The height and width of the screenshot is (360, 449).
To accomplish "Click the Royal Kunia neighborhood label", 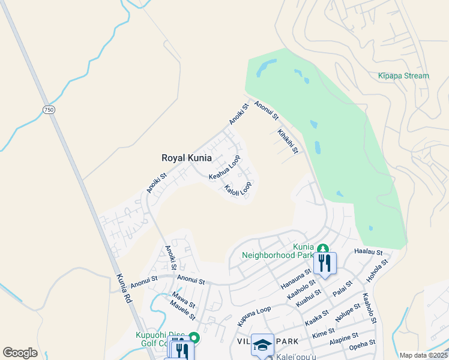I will pos(186,158).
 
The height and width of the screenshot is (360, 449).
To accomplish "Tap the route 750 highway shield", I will pos(49,109).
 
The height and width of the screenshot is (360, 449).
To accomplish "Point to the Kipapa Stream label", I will pos(403,76).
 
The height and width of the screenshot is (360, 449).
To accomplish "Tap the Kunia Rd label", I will pos(123,292).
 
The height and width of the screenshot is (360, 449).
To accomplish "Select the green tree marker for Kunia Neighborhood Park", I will pos(323,248).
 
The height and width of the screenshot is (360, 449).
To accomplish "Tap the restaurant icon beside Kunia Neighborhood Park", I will pos(325,262).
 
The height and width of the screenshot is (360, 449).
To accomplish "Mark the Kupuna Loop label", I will pos(254,317).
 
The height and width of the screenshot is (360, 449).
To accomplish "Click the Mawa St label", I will pos(184,299).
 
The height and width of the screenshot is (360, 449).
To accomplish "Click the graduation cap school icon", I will pos(262,344).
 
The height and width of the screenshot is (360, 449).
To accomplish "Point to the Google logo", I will pos(20,353).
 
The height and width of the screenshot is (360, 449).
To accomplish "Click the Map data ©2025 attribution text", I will pos(423,355).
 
